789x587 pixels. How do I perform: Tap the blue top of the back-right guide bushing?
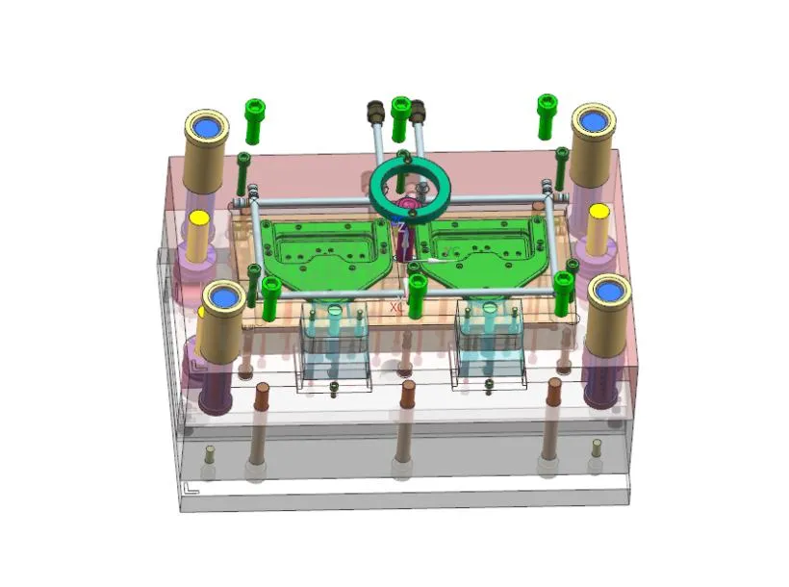(593, 120)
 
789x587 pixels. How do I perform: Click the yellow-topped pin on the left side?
(199, 219)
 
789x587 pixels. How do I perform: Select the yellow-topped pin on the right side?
(598, 212)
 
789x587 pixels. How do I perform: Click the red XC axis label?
(396, 308)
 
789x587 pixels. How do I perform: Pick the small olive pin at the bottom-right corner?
(596, 447)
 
